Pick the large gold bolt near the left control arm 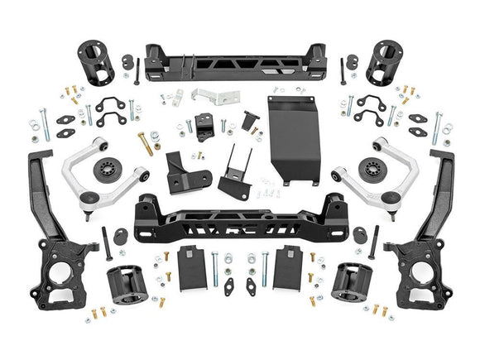[145, 144]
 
